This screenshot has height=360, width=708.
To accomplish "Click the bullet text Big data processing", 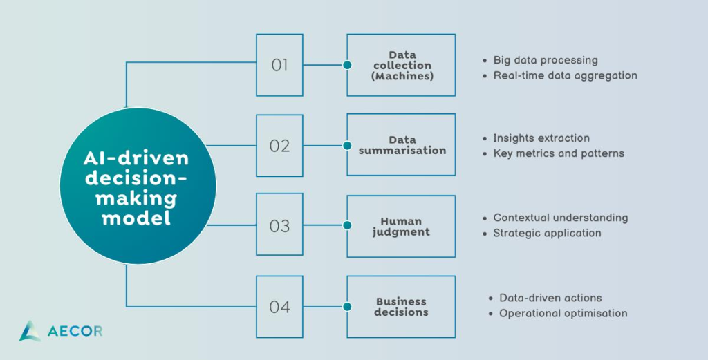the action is [x=546, y=60].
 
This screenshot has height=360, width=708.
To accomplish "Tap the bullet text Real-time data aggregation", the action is [x=566, y=76].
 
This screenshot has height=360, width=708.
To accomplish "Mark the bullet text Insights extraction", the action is [x=541, y=138].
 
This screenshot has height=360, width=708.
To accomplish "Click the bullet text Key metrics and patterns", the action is [x=559, y=153].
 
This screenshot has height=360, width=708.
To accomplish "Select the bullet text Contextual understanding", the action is [x=560, y=218].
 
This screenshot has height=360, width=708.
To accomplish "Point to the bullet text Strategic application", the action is [x=548, y=234].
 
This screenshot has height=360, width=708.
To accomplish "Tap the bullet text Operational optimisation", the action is [x=563, y=313].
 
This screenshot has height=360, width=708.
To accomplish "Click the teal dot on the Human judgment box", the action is [x=347, y=225].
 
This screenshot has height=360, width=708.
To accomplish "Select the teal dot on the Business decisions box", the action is [x=347, y=307].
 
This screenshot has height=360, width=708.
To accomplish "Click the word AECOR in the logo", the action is [x=75, y=332].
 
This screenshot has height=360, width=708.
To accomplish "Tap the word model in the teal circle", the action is [x=136, y=218].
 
